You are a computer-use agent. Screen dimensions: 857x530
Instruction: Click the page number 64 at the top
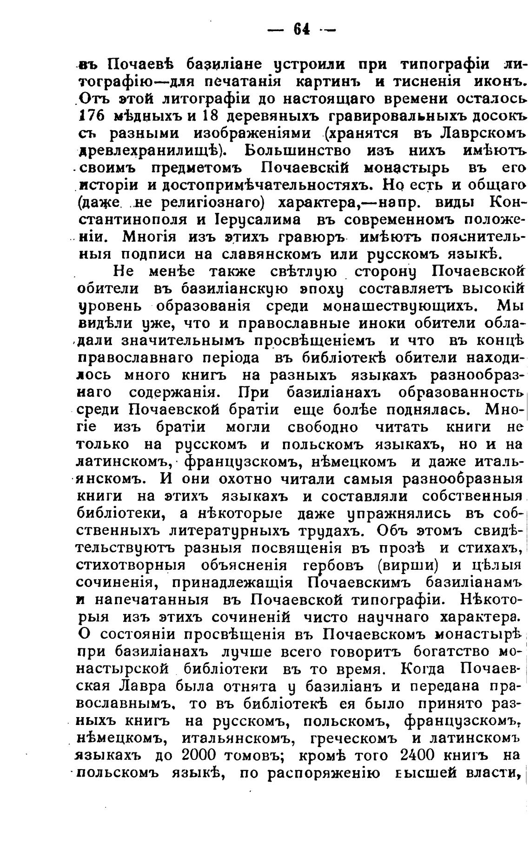pyautogui.click(x=301, y=30)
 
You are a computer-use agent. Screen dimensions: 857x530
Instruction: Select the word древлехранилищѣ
pyautogui.click(x=150, y=151)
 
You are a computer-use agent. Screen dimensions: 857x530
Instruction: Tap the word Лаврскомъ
pyautogui.click(x=469, y=134)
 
